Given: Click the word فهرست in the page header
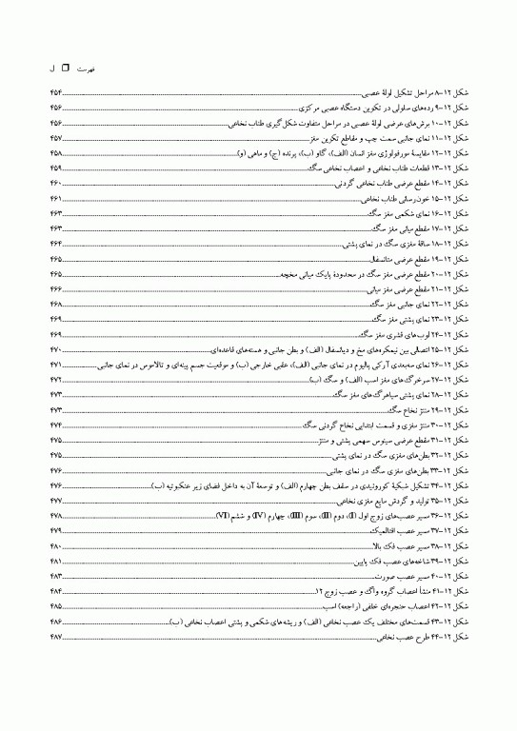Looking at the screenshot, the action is click(86, 69).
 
